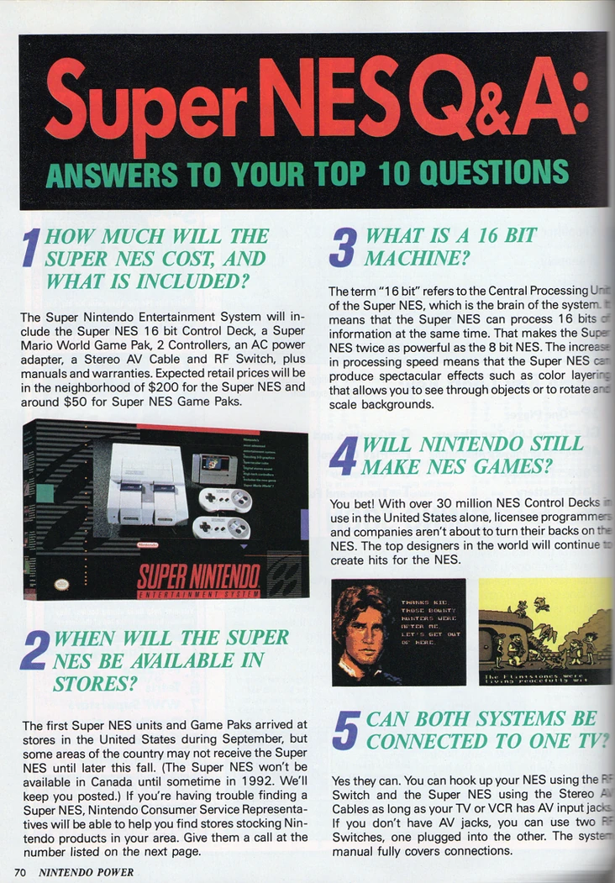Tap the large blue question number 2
[33, 660]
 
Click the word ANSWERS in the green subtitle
[102, 173]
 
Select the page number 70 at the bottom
[21, 872]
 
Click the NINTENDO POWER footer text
[87, 872]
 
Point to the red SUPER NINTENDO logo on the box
[198, 576]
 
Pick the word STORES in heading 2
[89, 684]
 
